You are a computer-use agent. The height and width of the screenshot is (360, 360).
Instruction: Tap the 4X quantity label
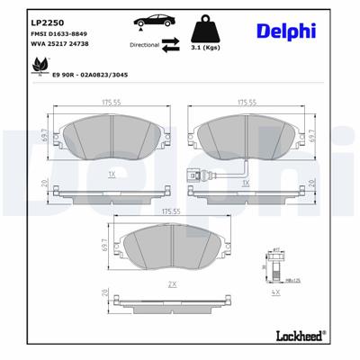pyautogui.click(x=275, y=292)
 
